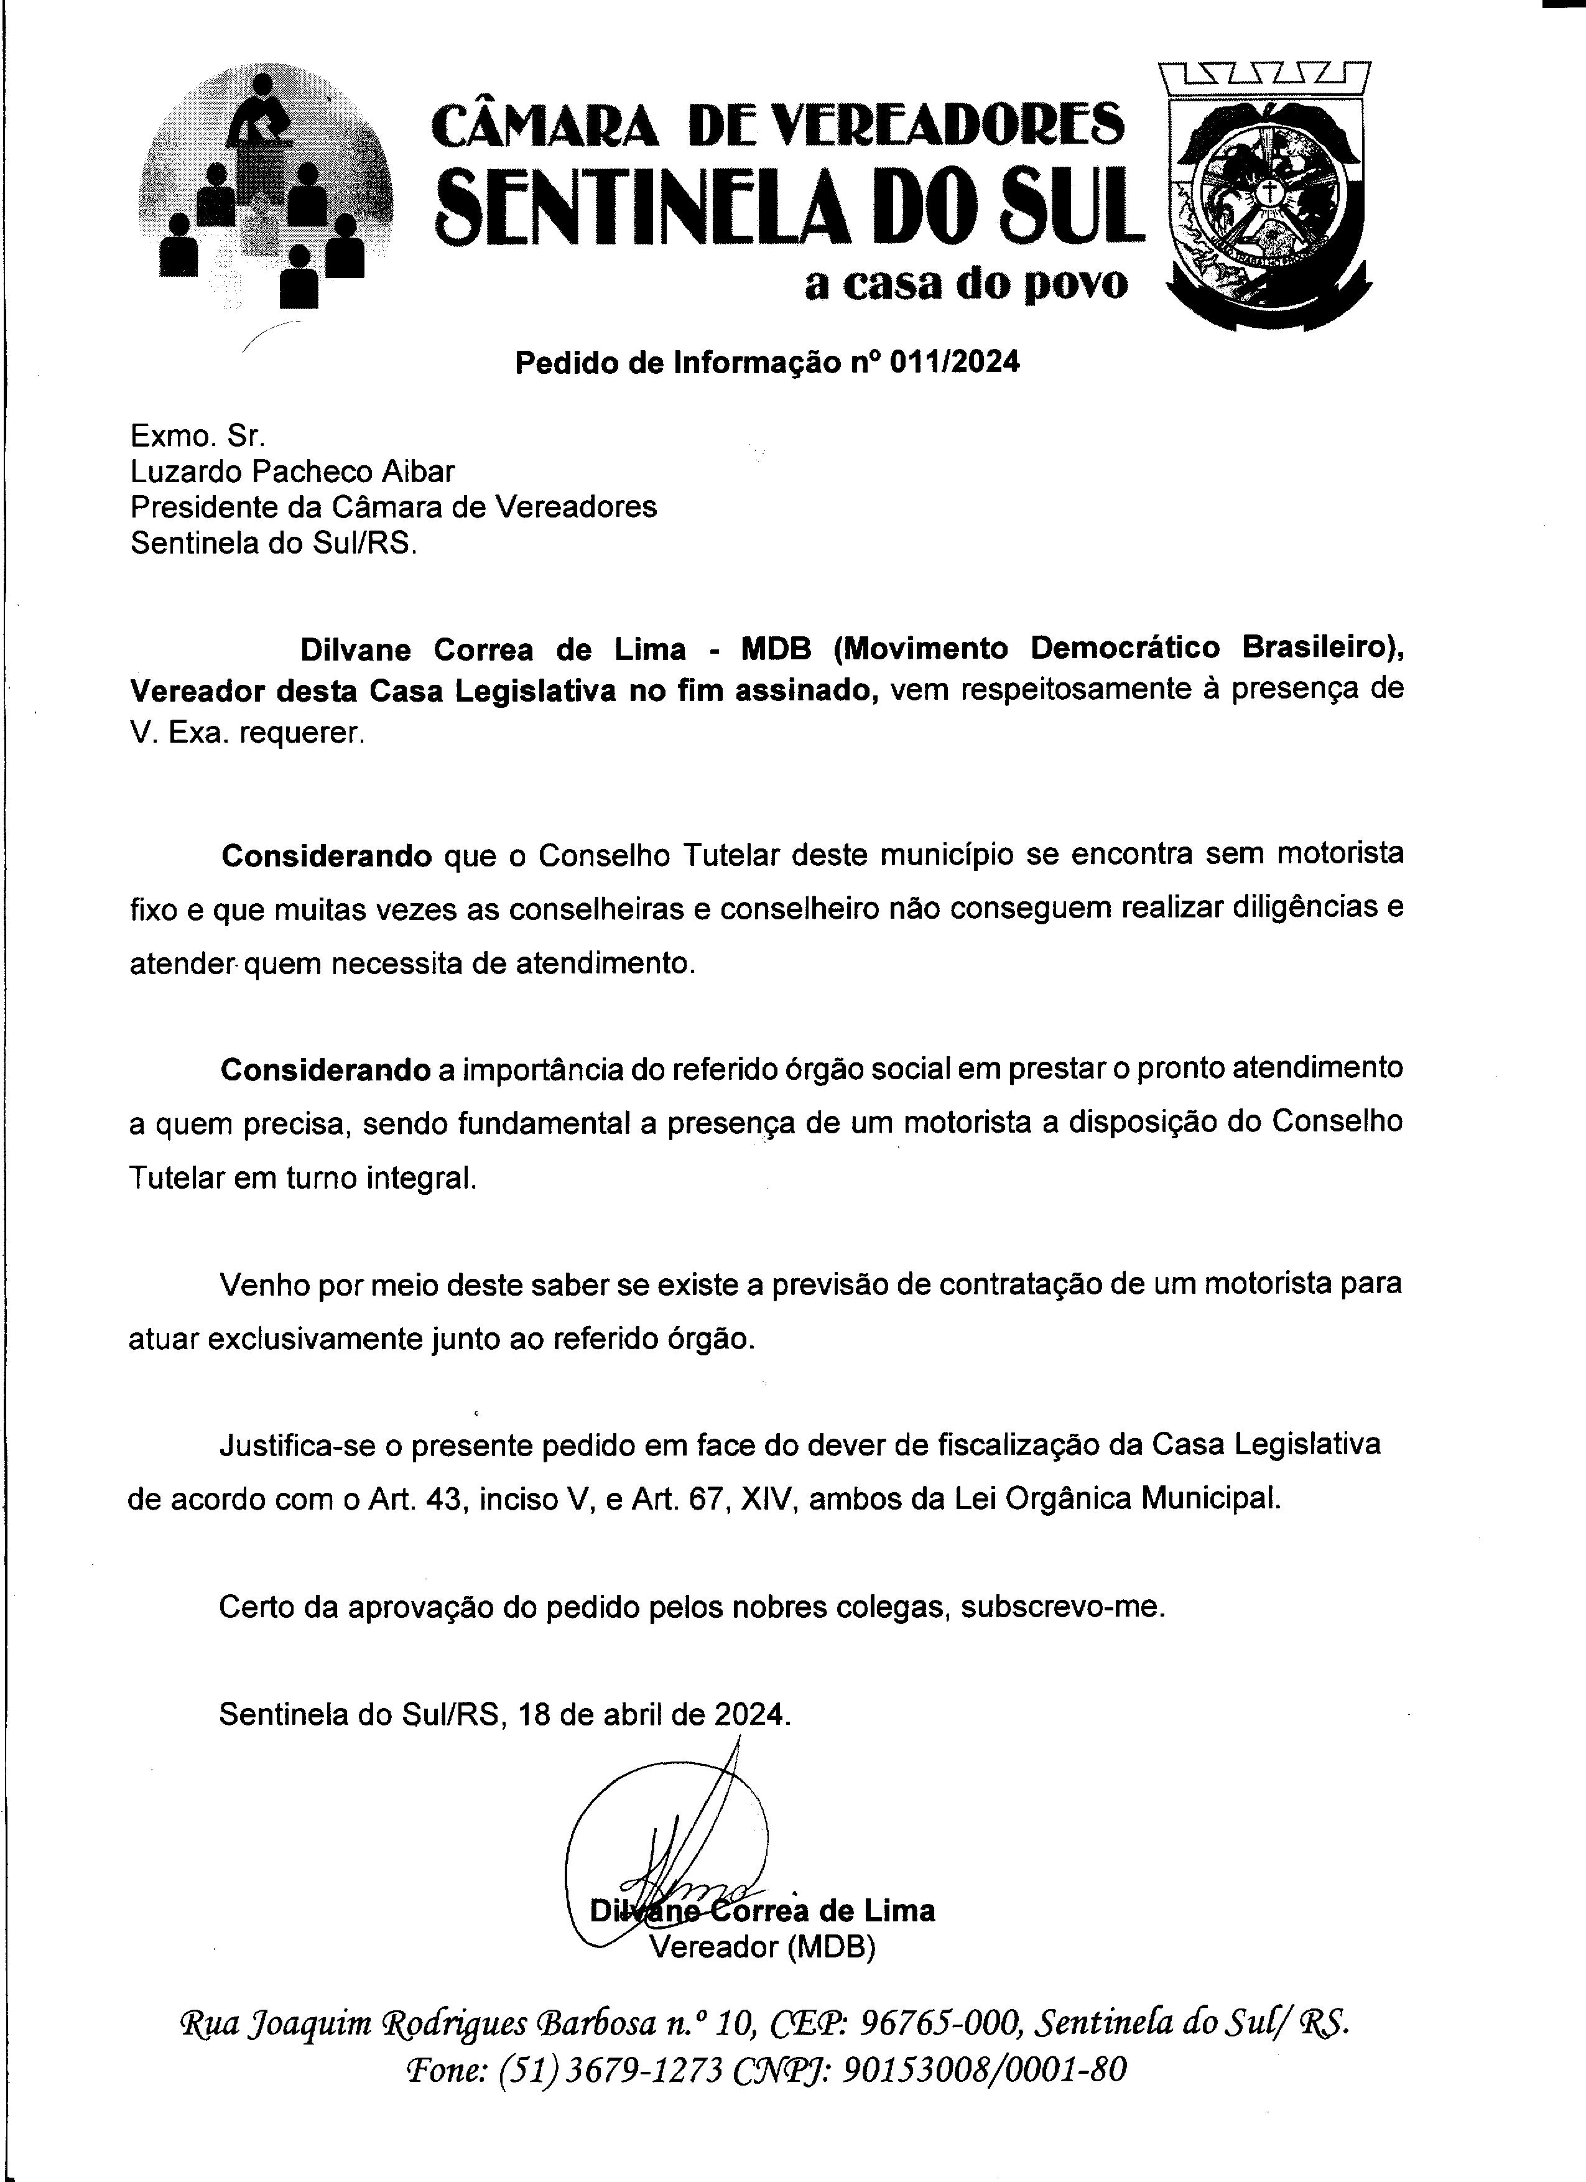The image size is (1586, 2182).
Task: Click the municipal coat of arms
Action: coord(1268,197)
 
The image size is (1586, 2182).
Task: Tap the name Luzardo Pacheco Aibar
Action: coord(292,471)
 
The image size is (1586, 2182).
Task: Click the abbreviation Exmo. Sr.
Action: coord(197,436)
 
